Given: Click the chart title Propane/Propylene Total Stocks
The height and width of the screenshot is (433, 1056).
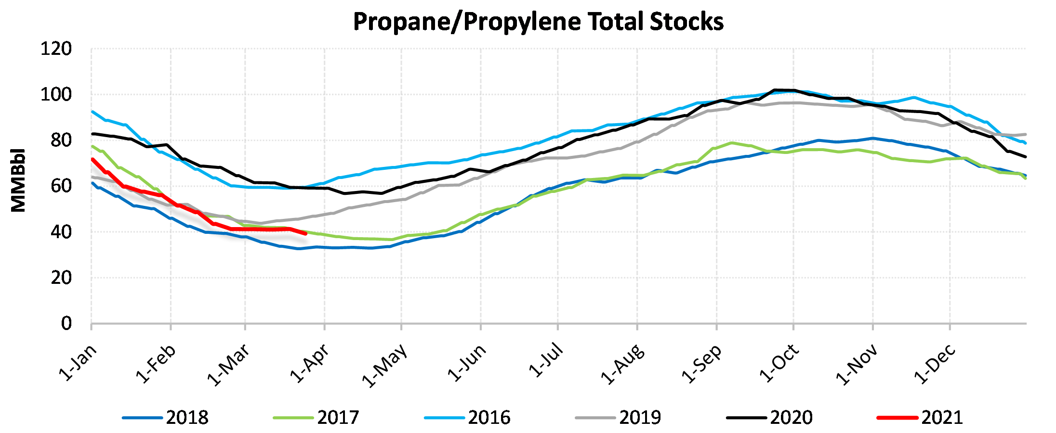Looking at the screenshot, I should (538, 22).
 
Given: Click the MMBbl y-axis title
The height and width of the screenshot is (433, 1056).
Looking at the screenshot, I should (18, 180).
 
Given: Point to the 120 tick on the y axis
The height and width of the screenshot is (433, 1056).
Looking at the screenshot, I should (56, 49).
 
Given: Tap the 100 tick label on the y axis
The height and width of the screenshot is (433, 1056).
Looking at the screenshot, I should (56, 95).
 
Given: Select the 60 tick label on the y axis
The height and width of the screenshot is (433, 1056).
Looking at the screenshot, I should (61, 186).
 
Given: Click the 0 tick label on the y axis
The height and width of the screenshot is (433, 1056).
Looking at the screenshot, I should (66, 323).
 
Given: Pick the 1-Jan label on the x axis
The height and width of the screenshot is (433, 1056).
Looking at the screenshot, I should (78, 362).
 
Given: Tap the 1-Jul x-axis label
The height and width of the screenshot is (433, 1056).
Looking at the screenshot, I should (546, 360).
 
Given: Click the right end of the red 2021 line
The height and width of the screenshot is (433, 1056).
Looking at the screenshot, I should (306, 233).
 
